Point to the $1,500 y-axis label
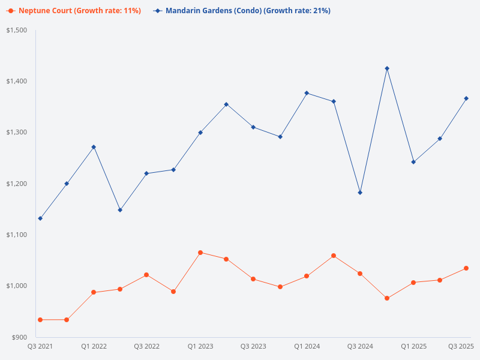coord(17,30)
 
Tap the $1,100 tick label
coord(17,235)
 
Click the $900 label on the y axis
coord(20,337)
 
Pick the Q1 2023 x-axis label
coord(200,346)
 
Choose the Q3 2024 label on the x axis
coord(360,346)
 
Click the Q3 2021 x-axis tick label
coord(40,346)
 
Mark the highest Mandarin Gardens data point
coord(387,68)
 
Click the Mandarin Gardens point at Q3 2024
coord(360,193)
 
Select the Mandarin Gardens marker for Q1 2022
coord(94,147)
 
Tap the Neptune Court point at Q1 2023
coord(200,253)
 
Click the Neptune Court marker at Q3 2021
coord(40,320)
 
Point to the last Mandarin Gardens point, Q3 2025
coord(466,98)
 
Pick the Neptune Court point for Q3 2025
coord(466,268)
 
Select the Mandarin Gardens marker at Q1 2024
coord(307,93)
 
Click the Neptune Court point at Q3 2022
coord(146,275)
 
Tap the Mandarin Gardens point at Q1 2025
coord(413,162)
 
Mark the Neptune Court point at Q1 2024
coord(307,276)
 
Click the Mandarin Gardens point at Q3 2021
coord(40,218)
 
